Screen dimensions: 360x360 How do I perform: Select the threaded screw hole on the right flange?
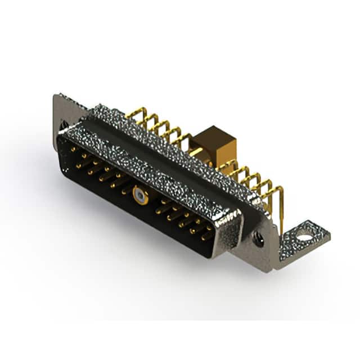click(258, 238)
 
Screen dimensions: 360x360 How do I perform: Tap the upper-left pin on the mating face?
click(73, 150)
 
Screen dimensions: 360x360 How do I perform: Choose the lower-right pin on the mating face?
click(206, 237)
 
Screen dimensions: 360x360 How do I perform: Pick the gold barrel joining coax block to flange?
click(197, 152)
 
